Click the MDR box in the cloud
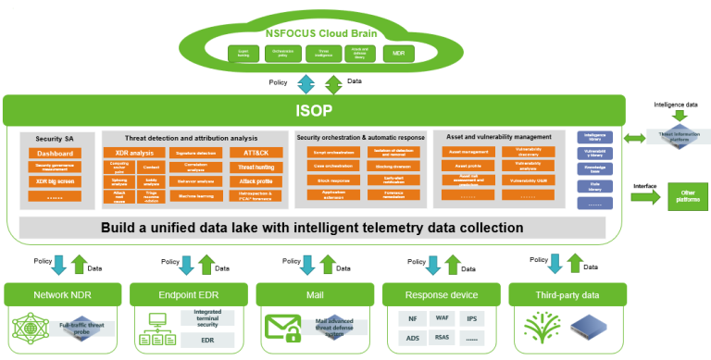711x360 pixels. [x=399, y=54]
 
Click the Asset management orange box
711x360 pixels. [x=468, y=151]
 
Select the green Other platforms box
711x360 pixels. [x=687, y=195]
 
